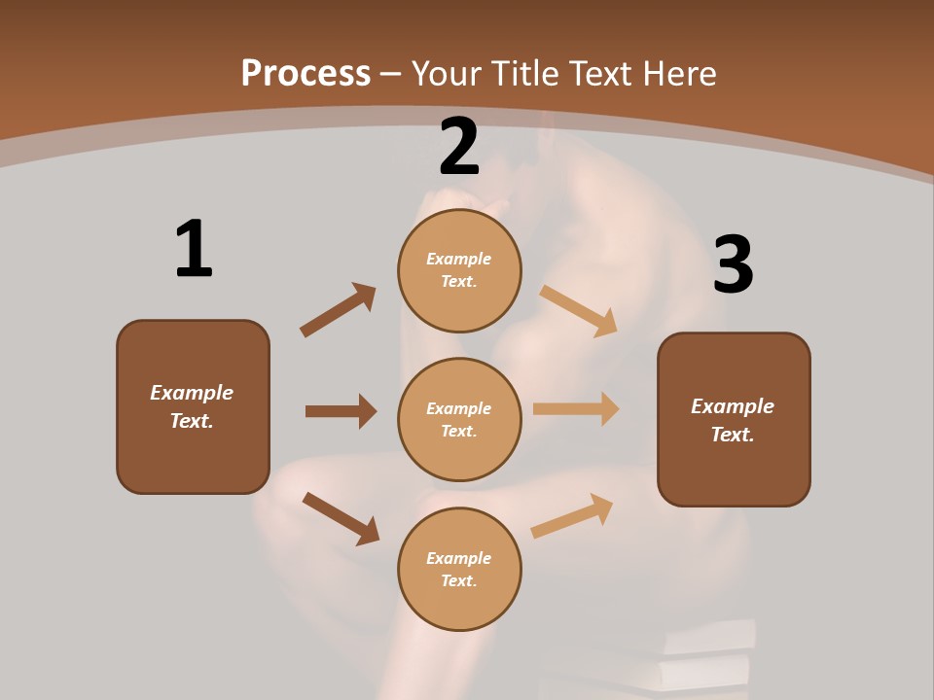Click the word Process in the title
click(x=305, y=73)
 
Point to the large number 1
click(x=193, y=249)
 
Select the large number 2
click(x=459, y=147)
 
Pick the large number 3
click(x=733, y=265)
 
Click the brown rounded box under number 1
click(x=193, y=406)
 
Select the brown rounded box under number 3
click(x=734, y=419)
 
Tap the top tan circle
click(x=459, y=270)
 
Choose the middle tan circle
click(x=459, y=419)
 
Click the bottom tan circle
click(x=459, y=569)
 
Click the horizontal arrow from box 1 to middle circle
click(x=341, y=411)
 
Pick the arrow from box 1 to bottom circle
click(x=341, y=518)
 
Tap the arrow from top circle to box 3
click(x=579, y=310)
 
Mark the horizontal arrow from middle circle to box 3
click(x=576, y=409)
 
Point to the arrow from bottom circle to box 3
click(x=573, y=515)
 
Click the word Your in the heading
click(x=447, y=73)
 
